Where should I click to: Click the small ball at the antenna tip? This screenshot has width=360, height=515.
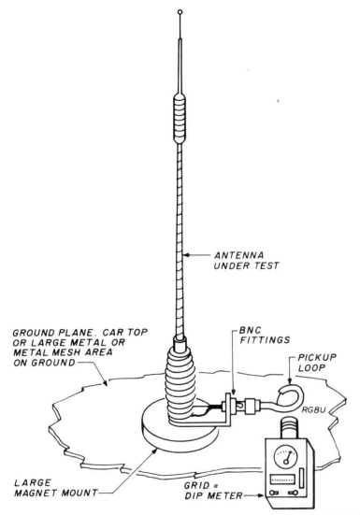tap(180, 12)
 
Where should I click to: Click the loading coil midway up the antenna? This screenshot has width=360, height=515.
tap(179, 119)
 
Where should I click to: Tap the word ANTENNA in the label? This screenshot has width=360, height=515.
tap(238, 255)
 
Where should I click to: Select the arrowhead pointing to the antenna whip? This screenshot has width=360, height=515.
tap(186, 254)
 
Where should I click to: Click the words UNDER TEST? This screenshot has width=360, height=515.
tap(246, 265)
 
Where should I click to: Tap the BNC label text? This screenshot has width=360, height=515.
tap(250, 330)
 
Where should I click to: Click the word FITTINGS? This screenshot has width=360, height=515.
tap(265, 340)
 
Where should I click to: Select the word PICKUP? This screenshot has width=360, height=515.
tap(317, 357)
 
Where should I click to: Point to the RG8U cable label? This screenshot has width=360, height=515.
tap(313, 410)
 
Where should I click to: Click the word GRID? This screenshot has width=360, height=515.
tap(197, 485)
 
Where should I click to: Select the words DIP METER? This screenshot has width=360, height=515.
tap(213, 495)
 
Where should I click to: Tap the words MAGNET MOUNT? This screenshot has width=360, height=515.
tap(56, 493)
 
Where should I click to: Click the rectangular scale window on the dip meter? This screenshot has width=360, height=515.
tap(282, 479)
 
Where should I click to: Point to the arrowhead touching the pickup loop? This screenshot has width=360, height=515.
tap(290, 380)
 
